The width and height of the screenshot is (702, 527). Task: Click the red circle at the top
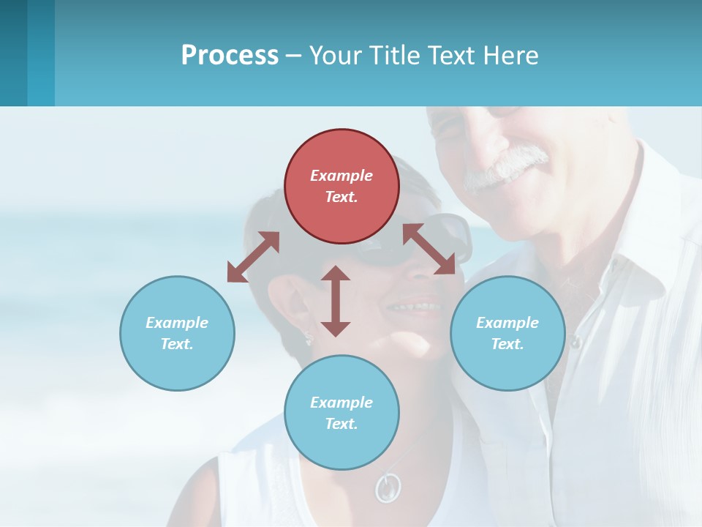pyautogui.click(x=341, y=186)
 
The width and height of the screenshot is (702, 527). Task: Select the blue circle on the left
pyautogui.click(x=177, y=333)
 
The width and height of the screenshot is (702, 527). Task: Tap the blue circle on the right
pyautogui.click(x=507, y=333)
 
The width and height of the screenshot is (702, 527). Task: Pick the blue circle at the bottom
pyautogui.click(x=341, y=413)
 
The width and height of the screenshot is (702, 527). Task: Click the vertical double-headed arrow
pyautogui.click(x=336, y=301)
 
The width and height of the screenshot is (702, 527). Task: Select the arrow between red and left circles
pyautogui.click(x=253, y=257)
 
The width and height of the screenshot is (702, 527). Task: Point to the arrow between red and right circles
pyautogui.click(x=429, y=249)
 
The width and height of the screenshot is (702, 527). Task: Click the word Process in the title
pyautogui.click(x=230, y=55)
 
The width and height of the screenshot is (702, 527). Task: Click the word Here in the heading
pyautogui.click(x=510, y=55)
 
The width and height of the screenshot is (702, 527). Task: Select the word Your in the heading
pyautogui.click(x=336, y=55)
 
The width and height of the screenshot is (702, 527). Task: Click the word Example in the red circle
pyautogui.click(x=341, y=176)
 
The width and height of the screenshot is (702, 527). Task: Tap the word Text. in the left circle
pyautogui.click(x=177, y=344)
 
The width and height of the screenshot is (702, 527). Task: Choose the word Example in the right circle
pyautogui.click(x=507, y=323)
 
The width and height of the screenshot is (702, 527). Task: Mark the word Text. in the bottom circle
pyautogui.click(x=341, y=424)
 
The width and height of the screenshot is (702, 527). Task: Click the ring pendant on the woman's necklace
pyautogui.click(x=388, y=486)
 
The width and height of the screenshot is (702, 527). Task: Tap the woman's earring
pyautogui.click(x=309, y=337)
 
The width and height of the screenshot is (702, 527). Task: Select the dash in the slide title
pyautogui.click(x=294, y=56)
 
